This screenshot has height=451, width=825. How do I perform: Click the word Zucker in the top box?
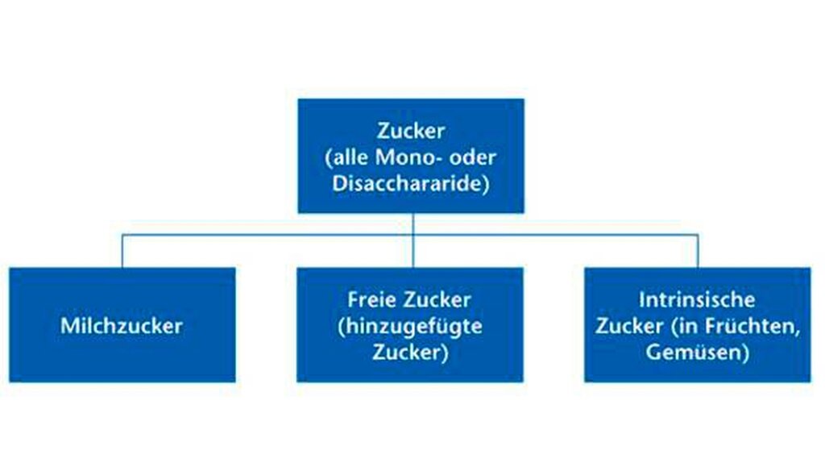[x=411, y=131]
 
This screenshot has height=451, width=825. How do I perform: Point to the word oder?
[x=472, y=157]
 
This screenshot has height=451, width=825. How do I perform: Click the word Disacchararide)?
[x=411, y=183]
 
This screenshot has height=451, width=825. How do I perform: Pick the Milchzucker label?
[x=122, y=326]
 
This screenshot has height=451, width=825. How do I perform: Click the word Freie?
[x=369, y=300]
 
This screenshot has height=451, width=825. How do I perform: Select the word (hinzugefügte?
[x=410, y=327]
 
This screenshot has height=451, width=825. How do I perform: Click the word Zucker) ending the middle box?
[x=410, y=352]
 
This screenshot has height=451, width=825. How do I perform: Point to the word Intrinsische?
[x=697, y=300]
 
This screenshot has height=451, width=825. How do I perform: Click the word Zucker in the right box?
[x=629, y=326]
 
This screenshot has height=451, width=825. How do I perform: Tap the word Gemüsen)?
[x=697, y=352]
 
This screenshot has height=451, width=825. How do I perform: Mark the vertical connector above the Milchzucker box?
[x=122, y=251]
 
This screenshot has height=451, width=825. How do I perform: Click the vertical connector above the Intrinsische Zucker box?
[x=699, y=251]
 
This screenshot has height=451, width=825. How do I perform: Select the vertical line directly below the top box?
[x=413, y=240]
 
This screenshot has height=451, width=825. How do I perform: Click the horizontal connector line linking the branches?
[x=410, y=235]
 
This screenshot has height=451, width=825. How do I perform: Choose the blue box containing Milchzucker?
[x=122, y=324]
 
